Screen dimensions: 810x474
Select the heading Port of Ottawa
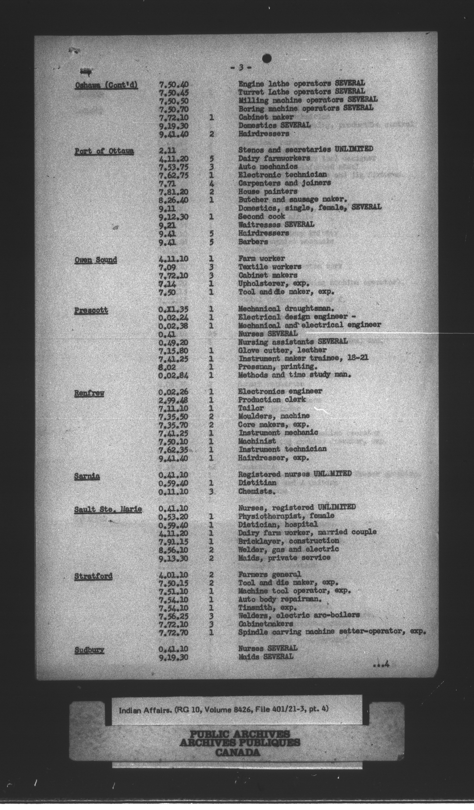coord(104,151)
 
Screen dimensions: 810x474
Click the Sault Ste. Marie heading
coord(108,509)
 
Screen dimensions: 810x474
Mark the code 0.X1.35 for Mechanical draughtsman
coord(173,310)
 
